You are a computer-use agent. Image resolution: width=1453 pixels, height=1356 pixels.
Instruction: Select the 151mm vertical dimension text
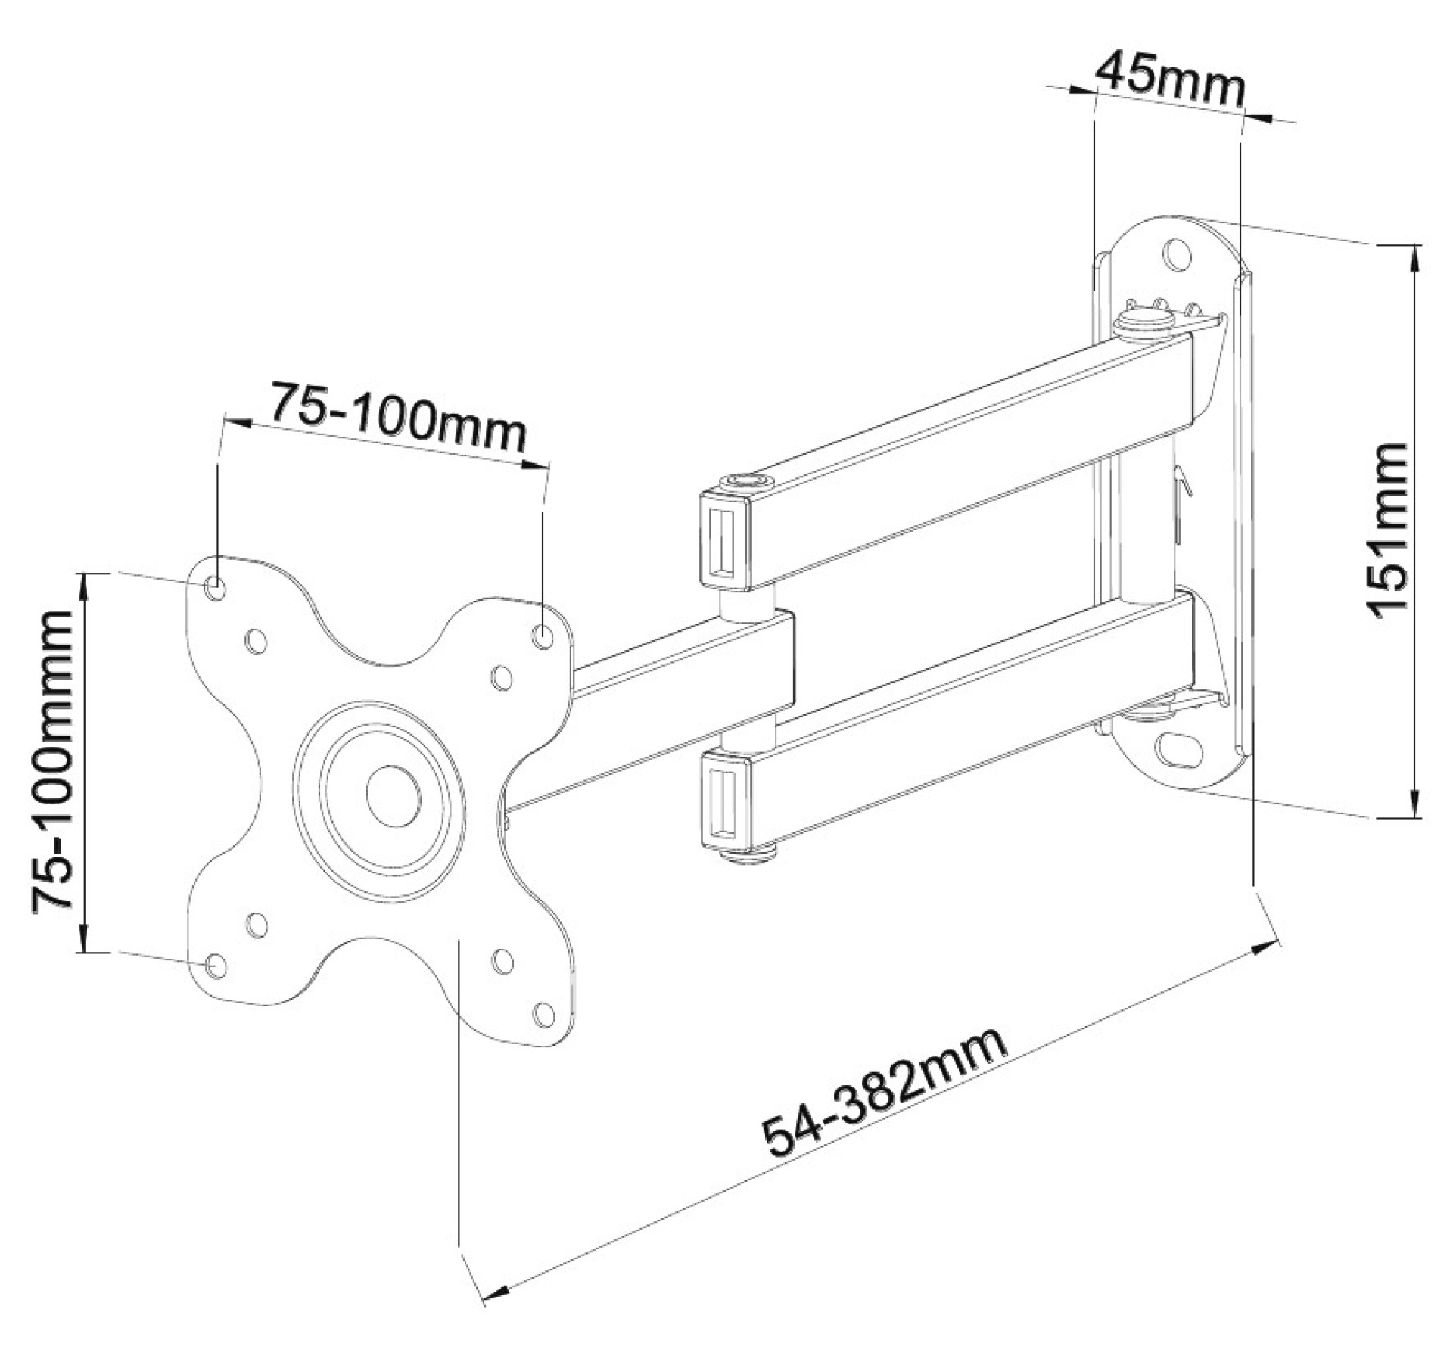pos(1389,530)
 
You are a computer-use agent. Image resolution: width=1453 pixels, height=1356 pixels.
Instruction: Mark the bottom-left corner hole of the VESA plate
pos(215,965)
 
